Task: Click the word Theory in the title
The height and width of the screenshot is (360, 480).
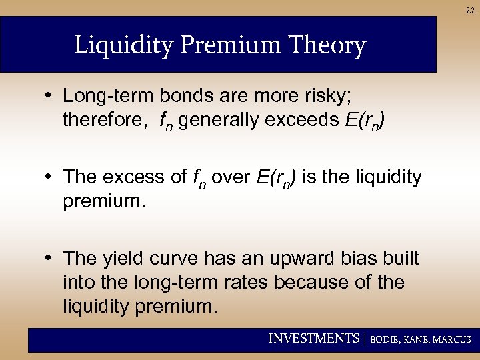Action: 329,46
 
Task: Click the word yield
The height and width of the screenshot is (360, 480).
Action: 129,258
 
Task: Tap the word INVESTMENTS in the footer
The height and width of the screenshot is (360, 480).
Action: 313,339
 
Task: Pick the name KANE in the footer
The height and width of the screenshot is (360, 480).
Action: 417,339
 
